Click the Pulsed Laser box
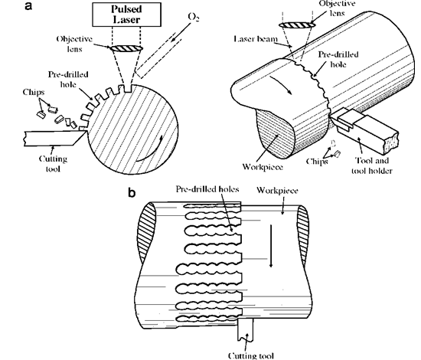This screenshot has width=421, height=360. tap(127, 15)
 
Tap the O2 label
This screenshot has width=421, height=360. tap(194, 17)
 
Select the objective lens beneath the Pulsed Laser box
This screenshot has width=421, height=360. tap(126, 48)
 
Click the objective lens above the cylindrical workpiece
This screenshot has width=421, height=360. tap(297, 25)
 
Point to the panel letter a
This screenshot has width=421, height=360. tap(28, 5)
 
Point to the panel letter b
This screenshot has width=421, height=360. tap(132, 192)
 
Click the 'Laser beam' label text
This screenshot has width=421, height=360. tap(256, 39)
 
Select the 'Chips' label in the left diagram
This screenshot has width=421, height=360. tap(34, 92)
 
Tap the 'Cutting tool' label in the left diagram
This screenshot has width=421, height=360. tap(53, 164)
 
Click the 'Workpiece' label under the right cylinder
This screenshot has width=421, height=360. tap(263, 167)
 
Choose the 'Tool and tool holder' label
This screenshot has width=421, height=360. tap(372, 165)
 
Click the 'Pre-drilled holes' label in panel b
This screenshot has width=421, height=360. tap(207, 189)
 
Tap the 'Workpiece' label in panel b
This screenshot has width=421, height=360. tap(277, 191)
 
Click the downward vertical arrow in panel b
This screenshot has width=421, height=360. tap(271, 246)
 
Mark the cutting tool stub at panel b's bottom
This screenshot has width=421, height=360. tap(246, 330)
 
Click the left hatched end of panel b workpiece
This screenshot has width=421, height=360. tap(147, 233)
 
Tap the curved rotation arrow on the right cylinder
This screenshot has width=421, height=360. tap(282, 84)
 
